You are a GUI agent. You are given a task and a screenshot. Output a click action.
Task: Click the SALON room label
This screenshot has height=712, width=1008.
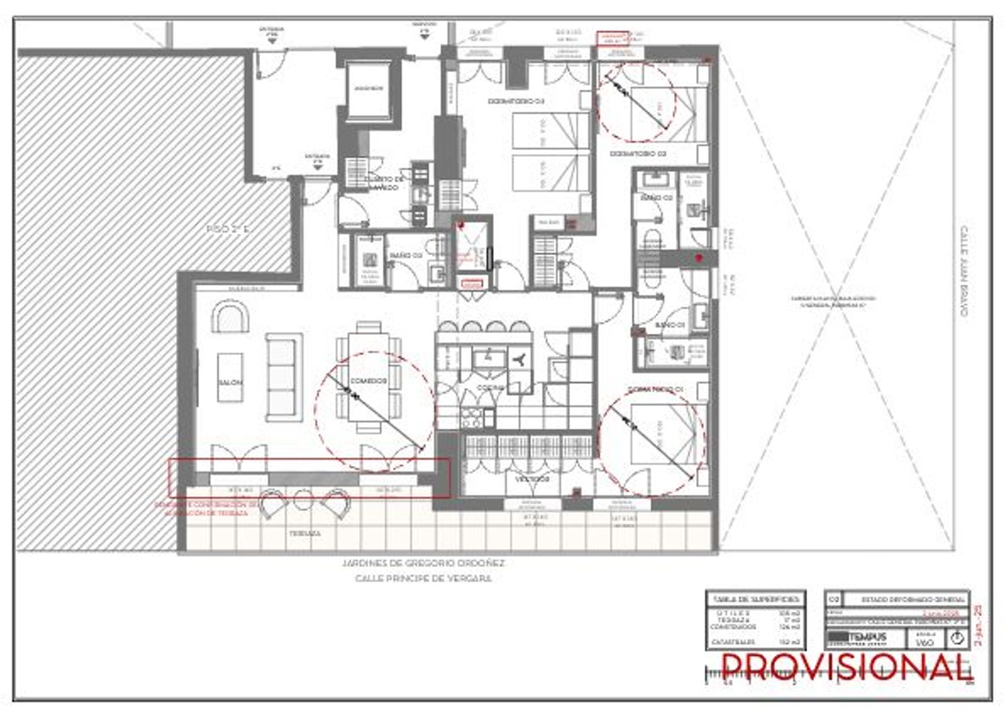pos(230,382)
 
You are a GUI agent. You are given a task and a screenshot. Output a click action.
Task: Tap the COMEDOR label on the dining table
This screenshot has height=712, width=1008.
pos(368,381)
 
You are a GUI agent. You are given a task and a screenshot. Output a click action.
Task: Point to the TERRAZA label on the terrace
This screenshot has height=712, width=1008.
pos(304,532)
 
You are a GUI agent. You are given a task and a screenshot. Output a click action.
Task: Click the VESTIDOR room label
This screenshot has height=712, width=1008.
pos(533,479)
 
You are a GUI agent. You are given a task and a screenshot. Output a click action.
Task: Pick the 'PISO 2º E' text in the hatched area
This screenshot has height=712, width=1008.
pos(228,229)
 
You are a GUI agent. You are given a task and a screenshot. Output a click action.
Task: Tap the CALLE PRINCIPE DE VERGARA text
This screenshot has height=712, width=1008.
pos(423,578)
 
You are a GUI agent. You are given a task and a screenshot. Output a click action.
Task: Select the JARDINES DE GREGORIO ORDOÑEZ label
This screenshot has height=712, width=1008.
pos(423,563)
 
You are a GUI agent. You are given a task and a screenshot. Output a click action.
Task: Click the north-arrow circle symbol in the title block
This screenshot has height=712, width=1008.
pos(957,639)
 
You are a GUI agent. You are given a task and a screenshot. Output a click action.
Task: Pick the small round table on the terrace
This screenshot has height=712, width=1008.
pos(304,499)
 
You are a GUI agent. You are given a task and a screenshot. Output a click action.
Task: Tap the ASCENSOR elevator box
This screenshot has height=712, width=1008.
pos(368,89)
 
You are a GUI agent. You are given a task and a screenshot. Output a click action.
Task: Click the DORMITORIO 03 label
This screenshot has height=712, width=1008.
pos(515,101)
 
